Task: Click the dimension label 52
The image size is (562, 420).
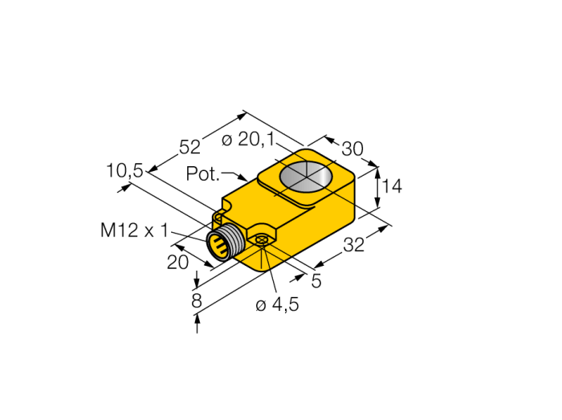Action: click(x=189, y=147)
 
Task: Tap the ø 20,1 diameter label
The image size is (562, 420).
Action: click(x=247, y=140)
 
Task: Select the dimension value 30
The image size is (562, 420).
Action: click(x=352, y=149)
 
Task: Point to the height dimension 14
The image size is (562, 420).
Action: click(x=392, y=186)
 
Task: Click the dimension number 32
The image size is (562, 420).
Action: click(x=354, y=246)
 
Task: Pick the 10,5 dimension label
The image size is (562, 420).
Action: click(x=124, y=170)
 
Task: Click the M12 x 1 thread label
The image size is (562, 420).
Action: click(x=134, y=230)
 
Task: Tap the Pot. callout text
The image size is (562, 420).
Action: click(x=202, y=173)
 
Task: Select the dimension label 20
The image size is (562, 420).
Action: click(x=177, y=263)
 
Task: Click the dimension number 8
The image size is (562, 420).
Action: click(x=197, y=301)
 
